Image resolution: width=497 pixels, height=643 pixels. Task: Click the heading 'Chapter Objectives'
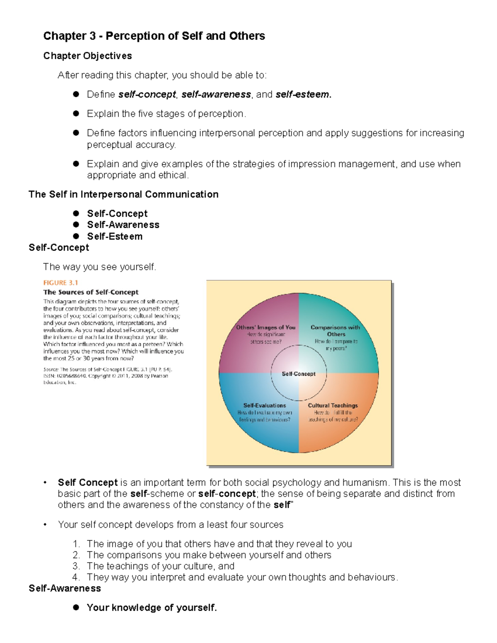tap(87, 56)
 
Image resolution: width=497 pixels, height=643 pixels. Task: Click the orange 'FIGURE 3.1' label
tap(60, 283)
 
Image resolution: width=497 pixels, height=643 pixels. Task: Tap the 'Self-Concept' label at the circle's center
tap(299, 374)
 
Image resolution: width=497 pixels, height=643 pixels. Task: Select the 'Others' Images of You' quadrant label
tap(266, 328)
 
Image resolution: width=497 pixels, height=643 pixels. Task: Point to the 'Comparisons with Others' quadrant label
tap(335, 331)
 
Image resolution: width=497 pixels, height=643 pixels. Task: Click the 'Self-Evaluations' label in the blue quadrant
tap(265, 406)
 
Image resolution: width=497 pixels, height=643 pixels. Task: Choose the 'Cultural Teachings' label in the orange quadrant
tap(333, 406)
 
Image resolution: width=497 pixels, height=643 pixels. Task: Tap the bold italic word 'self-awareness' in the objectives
tap(216, 95)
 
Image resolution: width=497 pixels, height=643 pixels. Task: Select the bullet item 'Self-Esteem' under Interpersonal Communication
tap(115, 236)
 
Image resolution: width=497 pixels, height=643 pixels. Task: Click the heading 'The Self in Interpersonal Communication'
tap(123, 195)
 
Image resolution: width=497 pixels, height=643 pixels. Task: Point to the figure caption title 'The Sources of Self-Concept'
tap(91, 292)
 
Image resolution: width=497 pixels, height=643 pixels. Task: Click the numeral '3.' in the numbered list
tap(76, 566)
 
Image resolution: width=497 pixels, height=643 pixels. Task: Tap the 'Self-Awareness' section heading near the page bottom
tap(65, 588)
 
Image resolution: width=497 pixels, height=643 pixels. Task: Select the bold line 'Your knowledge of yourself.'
tap(152, 608)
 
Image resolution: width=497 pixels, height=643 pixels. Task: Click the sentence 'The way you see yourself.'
tap(99, 267)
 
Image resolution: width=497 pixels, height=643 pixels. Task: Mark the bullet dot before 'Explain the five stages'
tap(76, 113)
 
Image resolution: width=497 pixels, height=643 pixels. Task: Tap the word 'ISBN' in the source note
tap(49, 376)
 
